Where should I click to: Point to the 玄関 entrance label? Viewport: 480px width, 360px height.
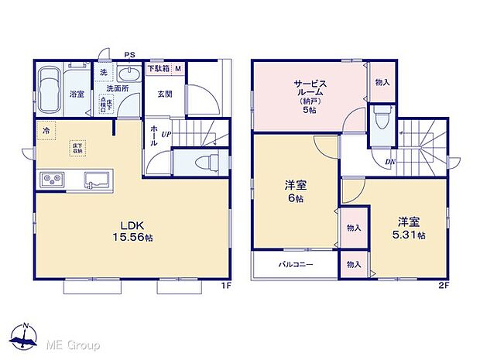(x=165, y=94)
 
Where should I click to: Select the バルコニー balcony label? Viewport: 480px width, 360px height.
(x=295, y=265)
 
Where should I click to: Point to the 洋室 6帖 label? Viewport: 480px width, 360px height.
(x=293, y=191)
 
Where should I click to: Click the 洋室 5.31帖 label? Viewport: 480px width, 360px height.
(x=409, y=228)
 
